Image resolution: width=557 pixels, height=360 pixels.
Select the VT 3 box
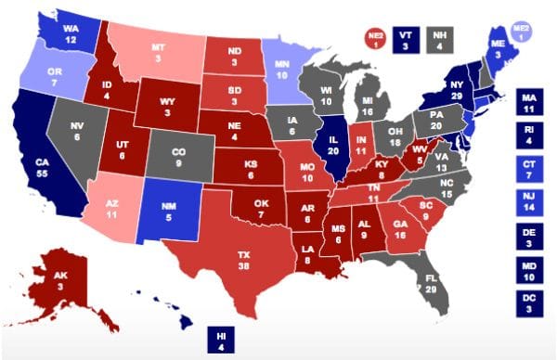pyautogui.click(x=405, y=38)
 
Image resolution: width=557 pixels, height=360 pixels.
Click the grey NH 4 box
pyautogui.click(x=436, y=38)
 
